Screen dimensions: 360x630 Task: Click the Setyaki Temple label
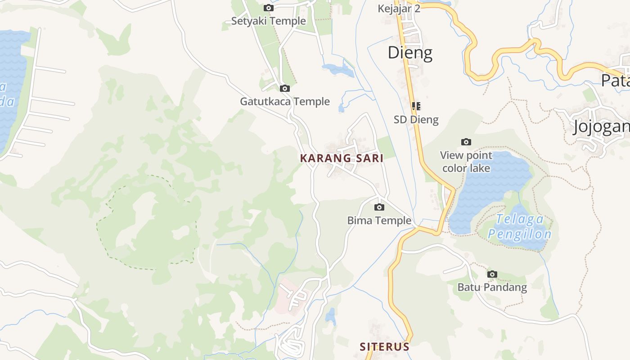click(268, 21)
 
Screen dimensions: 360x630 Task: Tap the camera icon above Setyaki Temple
click(268, 8)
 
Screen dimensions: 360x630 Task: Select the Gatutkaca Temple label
click(284, 101)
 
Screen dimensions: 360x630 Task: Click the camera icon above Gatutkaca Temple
click(284, 88)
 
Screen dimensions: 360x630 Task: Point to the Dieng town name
click(410, 53)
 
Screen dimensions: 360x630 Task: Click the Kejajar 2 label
click(399, 9)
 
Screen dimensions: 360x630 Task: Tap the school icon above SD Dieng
click(416, 106)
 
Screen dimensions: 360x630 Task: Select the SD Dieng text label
click(416, 119)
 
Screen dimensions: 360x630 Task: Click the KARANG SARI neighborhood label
click(342, 158)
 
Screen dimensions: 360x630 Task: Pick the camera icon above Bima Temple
click(379, 207)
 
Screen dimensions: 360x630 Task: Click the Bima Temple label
click(379, 220)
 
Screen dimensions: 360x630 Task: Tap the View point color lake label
click(466, 162)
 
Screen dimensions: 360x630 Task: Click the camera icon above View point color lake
click(466, 142)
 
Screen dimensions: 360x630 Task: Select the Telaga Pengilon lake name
click(520, 226)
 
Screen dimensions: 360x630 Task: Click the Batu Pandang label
click(492, 287)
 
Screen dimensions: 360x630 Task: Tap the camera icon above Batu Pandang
click(492, 274)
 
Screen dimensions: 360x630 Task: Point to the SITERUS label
click(384, 346)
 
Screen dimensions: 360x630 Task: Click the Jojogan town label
click(601, 126)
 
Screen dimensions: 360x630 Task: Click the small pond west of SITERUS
click(331, 316)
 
